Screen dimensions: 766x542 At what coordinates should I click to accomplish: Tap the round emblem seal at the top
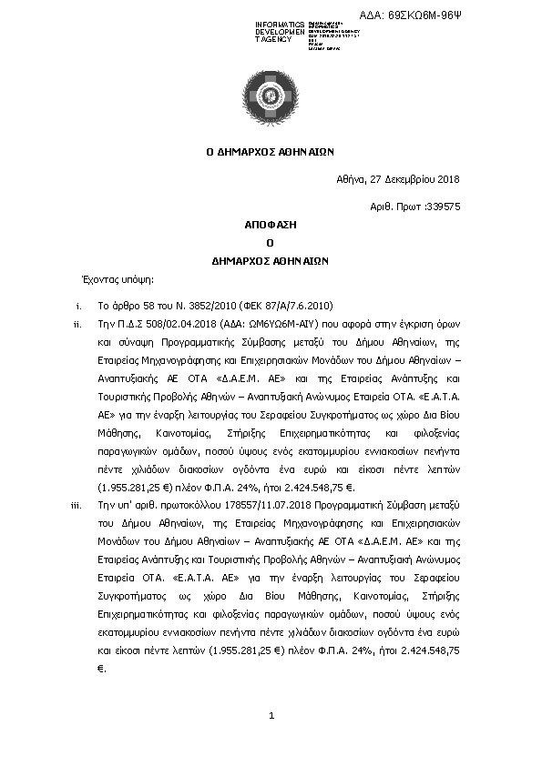point(271,93)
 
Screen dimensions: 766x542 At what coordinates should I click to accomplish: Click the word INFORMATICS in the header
point(280,24)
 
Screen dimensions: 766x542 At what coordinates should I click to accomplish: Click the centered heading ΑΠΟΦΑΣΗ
point(271,224)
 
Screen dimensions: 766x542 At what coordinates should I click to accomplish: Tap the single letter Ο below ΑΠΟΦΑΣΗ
point(271,241)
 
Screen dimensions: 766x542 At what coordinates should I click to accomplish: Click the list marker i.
point(79,306)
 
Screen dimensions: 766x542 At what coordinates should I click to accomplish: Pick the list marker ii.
point(77,324)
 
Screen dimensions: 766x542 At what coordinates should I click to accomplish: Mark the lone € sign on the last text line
point(100,669)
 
